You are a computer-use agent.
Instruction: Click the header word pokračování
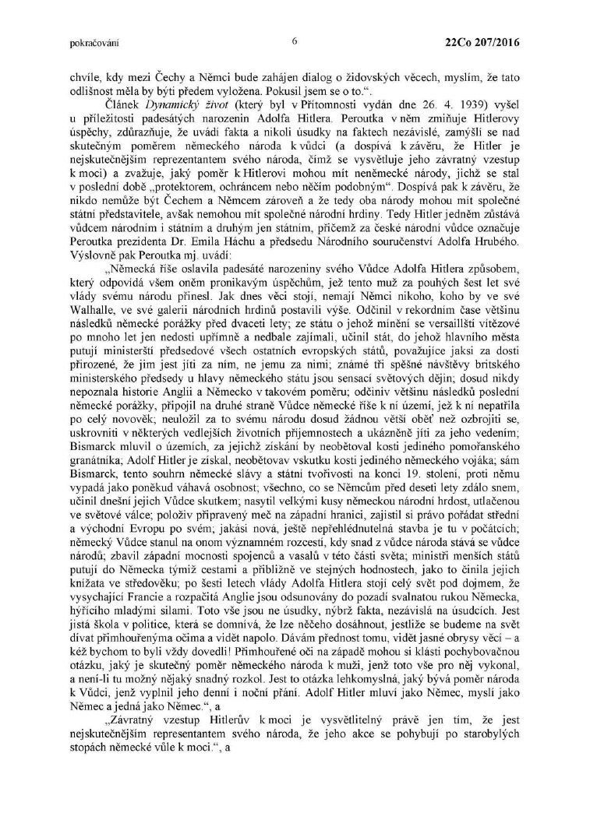click(x=90, y=43)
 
